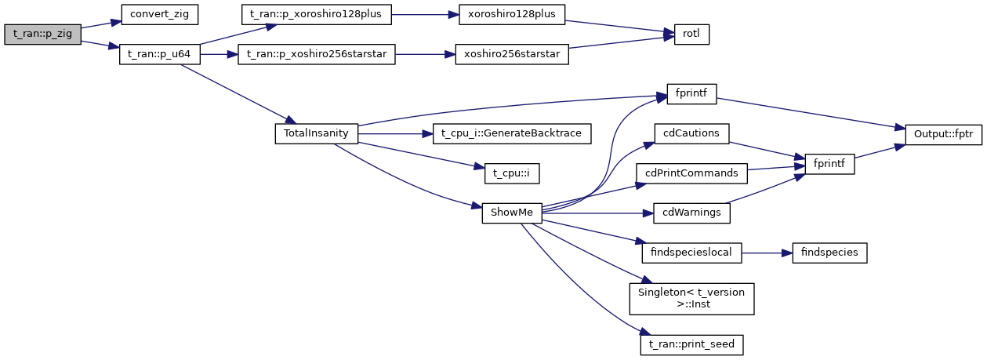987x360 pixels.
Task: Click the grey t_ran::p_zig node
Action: (42, 35)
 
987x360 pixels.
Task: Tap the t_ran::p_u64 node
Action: (160, 56)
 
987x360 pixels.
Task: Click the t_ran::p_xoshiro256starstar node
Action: (317, 56)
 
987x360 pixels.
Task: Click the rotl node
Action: (691, 35)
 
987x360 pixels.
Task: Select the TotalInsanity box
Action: (316, 133)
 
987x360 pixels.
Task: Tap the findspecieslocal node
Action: (691, 253)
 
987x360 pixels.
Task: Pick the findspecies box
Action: (829, 253)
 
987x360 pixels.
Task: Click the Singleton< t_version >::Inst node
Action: (691, 299)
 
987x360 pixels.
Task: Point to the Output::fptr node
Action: (943, 133)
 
